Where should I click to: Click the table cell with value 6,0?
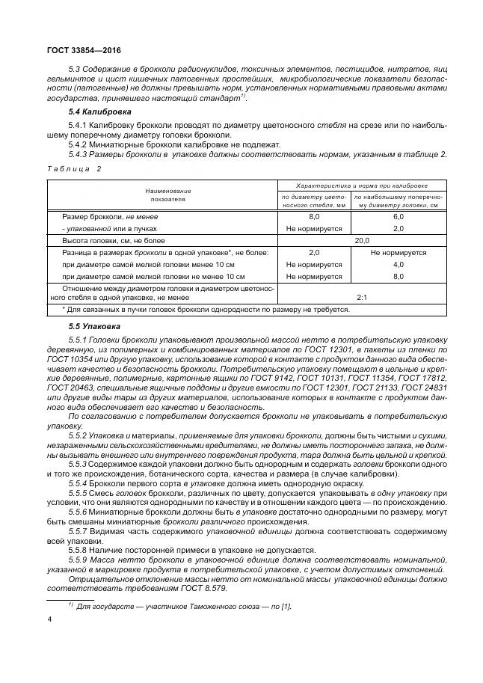click(398, 216)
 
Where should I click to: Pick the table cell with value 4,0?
click(398, 265)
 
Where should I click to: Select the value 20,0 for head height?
click(362, 241)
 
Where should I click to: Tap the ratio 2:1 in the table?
click(362, 297)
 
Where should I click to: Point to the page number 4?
click(49, 619)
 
